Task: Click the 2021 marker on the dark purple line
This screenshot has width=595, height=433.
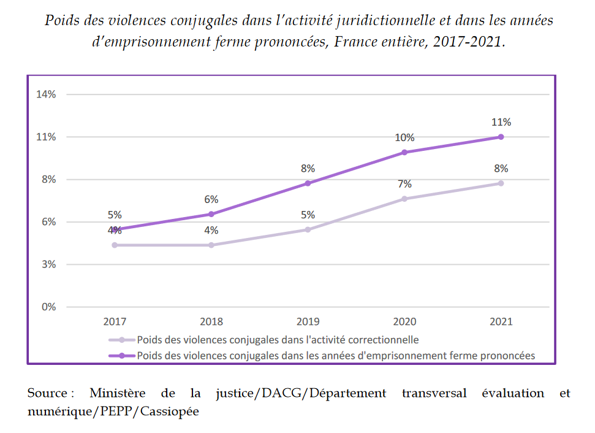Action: (501, 137)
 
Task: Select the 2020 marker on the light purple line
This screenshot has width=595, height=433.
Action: (404, 199)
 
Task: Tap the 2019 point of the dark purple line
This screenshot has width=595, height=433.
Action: (308, 183)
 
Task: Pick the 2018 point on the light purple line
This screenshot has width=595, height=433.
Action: (211, 245)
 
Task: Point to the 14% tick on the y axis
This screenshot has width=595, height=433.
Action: (46, 94)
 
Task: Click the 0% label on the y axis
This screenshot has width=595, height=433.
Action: (48, 307)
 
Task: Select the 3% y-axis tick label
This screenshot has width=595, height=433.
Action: (48, 264)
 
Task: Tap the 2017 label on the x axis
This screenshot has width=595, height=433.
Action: (115, 321)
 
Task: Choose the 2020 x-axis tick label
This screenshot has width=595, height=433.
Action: (404, 321)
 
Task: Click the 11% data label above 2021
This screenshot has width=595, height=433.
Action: (501, 122)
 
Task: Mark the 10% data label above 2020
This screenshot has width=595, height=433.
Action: (404, 137)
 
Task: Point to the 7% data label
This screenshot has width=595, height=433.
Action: (404, 184)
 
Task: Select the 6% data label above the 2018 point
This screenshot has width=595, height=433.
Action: (211, 199)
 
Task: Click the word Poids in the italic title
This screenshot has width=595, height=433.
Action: (62, 21)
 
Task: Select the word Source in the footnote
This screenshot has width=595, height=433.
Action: (48, 393)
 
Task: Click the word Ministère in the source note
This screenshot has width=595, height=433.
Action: (117, 393)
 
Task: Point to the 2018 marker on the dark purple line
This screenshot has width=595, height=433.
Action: (211, 214)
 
